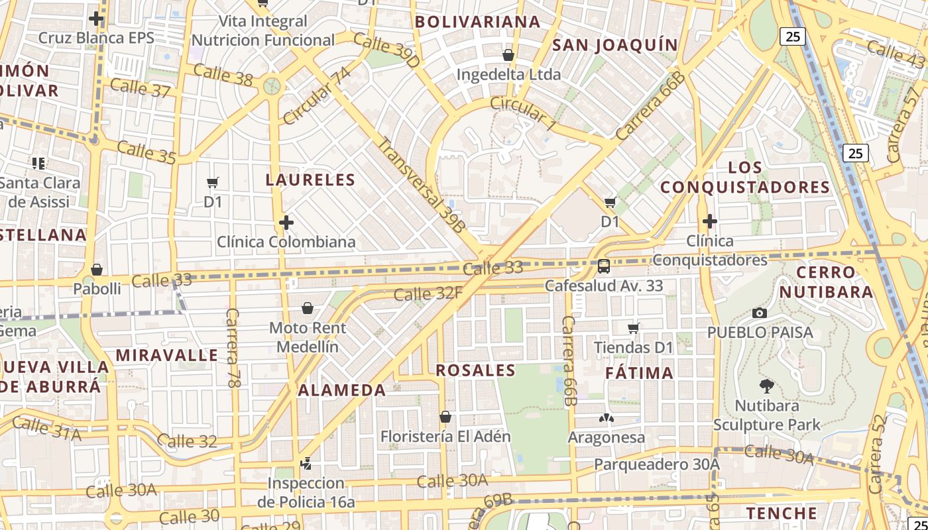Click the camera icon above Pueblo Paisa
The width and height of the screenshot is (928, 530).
[760, 313]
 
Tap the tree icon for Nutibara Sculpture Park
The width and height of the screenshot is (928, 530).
[767, 386]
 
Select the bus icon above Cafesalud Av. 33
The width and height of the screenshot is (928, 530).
[603, 266]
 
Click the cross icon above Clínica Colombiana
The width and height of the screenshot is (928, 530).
[286, 223]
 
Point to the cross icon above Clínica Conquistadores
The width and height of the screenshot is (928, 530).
[710, 221]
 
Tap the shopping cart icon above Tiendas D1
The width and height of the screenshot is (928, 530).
[634, 327]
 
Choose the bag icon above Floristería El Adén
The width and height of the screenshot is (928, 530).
[445, 417]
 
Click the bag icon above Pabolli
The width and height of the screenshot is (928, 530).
[97, 270]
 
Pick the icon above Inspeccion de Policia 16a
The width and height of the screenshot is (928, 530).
[306, 464]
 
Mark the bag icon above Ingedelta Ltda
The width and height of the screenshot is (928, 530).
[508, 54]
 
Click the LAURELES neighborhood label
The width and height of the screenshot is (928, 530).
[310, 180]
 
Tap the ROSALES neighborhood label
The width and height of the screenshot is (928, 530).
[475, 370]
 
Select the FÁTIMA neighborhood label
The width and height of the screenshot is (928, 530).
[639, 373]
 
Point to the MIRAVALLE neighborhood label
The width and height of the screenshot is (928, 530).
[166, 355]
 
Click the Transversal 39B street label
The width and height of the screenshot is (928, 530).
[422, 184]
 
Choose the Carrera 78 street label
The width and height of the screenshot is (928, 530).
[232, 347]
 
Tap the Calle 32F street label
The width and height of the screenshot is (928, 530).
[428, 293]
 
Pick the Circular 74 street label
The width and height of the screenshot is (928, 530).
[316, 96]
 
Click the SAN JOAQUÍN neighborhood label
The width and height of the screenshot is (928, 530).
[615, 45]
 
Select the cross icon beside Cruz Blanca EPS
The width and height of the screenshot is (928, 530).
[96, 19]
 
